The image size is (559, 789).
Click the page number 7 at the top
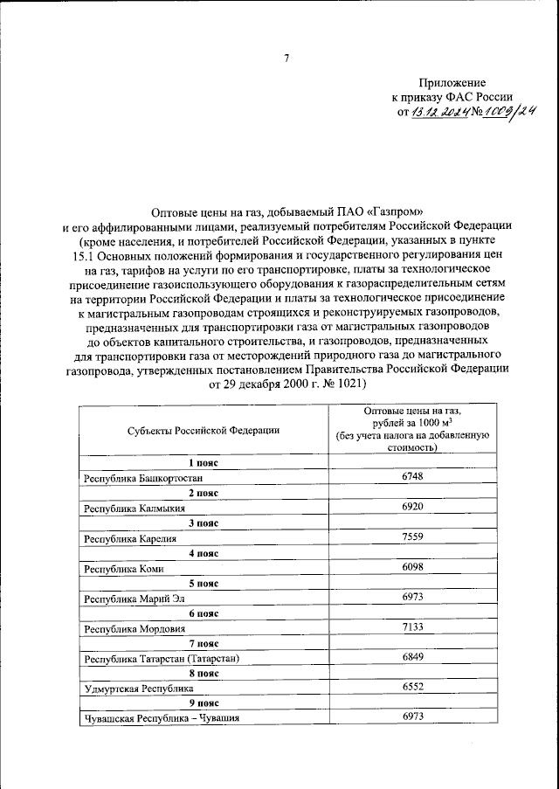286,59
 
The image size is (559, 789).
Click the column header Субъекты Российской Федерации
203,429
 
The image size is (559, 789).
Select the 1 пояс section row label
203,462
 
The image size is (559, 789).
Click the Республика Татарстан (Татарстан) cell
161,658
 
